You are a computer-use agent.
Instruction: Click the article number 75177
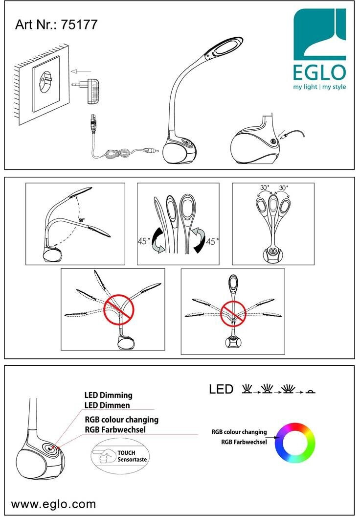click(79, 24)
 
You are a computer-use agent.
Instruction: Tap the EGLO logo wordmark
click(319, 72)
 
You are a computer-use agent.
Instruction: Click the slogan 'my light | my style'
click(319, 87)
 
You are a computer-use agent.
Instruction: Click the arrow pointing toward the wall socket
click(81, 71)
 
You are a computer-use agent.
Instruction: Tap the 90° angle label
click(82, 220)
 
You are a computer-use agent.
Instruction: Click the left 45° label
click(144, 241)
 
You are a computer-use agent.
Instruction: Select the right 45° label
click(212, 242)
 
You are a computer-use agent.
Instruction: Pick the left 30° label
click(264, 188)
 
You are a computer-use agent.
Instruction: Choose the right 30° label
click(283, 188)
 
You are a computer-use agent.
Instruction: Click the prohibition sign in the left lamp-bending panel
click(119, 310)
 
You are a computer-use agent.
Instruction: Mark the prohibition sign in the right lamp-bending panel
click(233, 313)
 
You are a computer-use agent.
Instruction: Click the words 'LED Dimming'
click(109, 395)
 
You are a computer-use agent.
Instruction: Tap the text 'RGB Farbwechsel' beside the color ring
click(244, 442)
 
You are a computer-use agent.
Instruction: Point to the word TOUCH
click(127, 453)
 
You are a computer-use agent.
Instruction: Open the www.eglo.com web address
click(53, 504)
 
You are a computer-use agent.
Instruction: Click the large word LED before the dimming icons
click(221, 389)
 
